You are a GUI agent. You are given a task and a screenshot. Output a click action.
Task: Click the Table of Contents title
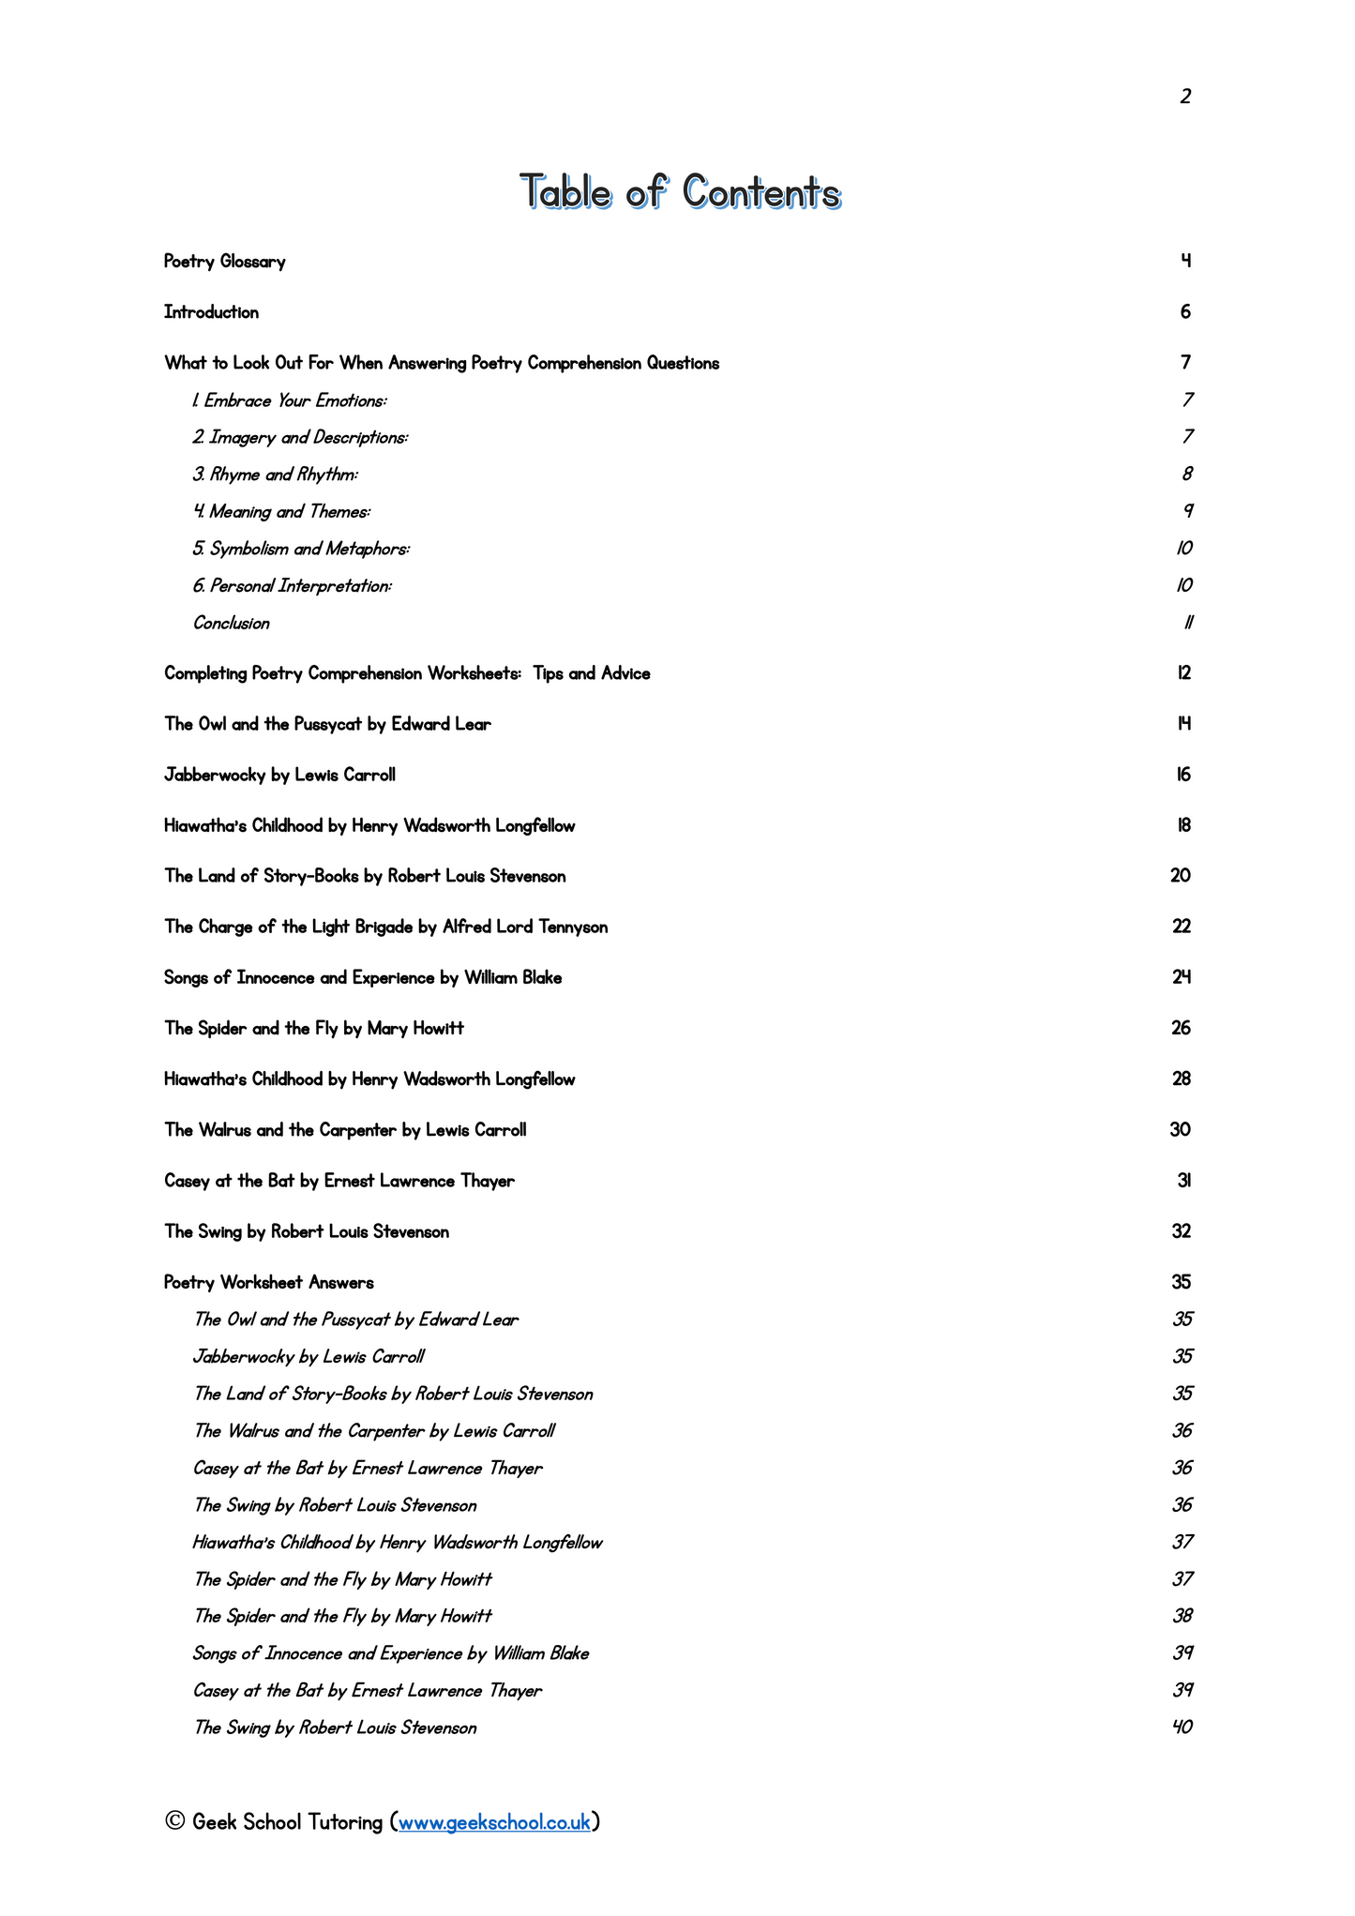(x=680, y=192)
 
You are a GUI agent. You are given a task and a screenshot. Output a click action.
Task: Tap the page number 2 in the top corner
(x=1185, y=97)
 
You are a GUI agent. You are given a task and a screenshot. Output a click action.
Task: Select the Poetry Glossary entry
(x=225, y=262)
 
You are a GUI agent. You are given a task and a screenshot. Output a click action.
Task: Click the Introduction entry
(x=212, y=312)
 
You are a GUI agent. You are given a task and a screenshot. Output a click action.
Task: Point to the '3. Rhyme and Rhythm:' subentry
(x=276, y=475)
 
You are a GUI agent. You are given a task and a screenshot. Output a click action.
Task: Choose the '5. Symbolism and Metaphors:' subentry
(x=301, y=549)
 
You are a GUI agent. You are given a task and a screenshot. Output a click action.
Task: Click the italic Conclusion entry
(x=232, y=624)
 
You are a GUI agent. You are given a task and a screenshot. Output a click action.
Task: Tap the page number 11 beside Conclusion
(x=1187, y=624)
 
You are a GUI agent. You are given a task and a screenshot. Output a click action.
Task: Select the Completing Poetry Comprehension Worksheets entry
(x=407, y=673)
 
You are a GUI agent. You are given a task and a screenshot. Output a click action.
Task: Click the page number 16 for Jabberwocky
(x=1183, y=775)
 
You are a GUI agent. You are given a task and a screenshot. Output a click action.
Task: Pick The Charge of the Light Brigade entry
(x=386, y=928)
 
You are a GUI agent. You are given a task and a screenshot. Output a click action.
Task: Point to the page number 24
(x=1182, y=977)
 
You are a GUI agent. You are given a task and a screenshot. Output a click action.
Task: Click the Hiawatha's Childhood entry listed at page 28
(x=369, y=1079)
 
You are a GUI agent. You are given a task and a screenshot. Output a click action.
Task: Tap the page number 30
(x=1181, y=1130)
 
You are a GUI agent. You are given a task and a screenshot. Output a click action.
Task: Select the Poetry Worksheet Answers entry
(x=269, y=1283)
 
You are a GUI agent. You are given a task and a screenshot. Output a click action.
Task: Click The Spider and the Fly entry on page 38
(x=342, y=1617)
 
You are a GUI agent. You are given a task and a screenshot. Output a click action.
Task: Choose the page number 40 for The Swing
(x=1182, y=1727)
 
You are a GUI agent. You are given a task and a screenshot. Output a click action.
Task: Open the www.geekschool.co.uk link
(x=494, y=1822)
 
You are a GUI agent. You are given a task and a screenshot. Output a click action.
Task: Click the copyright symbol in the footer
(x=174, y=1822)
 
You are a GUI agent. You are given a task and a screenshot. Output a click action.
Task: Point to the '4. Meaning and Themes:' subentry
(x=281, y=512)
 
